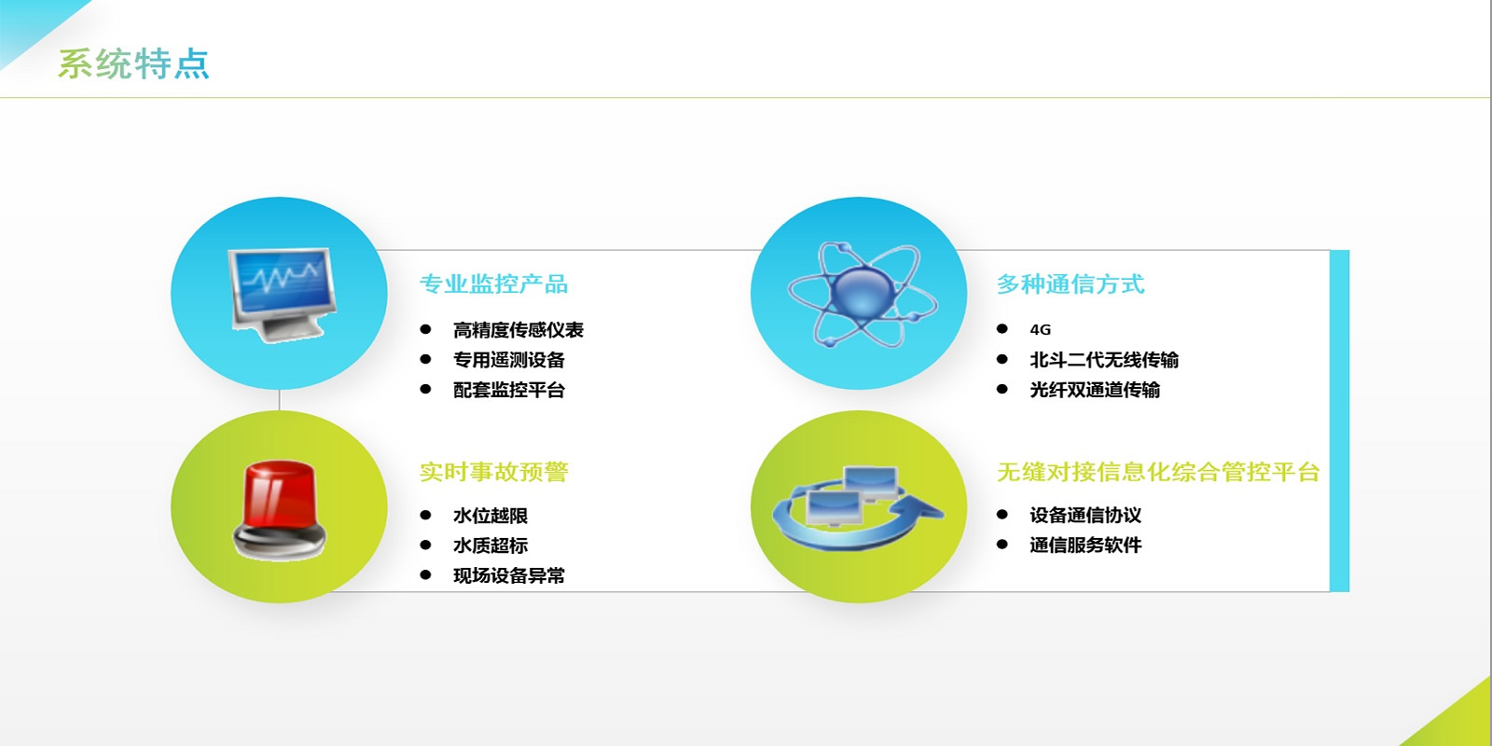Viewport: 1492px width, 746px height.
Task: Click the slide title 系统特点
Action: point(134,64)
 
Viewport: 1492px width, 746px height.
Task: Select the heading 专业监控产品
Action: point(493,284)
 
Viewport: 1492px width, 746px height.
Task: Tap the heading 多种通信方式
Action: point(1071,284)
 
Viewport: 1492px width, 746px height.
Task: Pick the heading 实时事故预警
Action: point(493,472)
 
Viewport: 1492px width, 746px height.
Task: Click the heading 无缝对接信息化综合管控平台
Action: point(1158,472)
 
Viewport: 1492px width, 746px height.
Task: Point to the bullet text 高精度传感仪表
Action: point(518,330)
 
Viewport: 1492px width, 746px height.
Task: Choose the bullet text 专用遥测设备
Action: point(509,360)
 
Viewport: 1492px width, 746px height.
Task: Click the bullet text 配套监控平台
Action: point(509,390)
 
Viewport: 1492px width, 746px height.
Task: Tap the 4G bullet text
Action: point(1041,330)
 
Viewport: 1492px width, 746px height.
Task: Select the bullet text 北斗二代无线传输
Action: point(1104,360)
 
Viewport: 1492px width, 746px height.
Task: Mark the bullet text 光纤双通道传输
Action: point(1095,390)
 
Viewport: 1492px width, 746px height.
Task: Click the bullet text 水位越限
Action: point(490,516)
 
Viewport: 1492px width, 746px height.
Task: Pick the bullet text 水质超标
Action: point(490,546)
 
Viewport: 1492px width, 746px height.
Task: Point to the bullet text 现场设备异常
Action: point(509,575)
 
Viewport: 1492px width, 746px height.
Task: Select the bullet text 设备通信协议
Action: point(1085,515)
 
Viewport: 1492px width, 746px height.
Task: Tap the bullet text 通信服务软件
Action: point(1085,545)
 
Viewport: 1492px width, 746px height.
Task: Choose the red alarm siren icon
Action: point(279,510)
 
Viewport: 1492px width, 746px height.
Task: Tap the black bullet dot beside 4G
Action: point(1002,328)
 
